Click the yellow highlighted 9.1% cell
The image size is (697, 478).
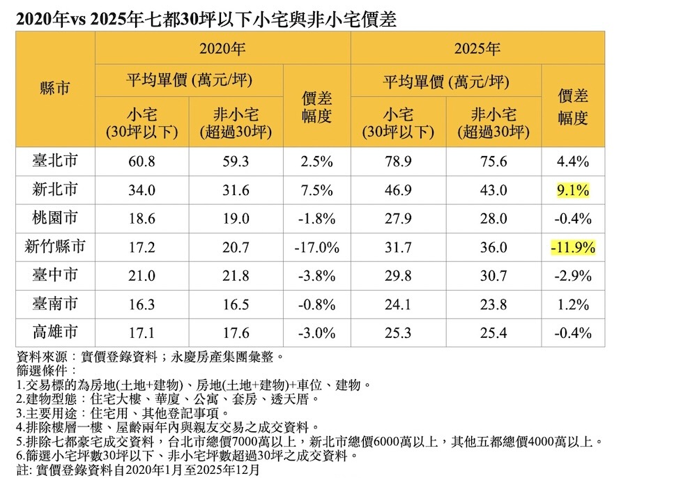pos(573,190)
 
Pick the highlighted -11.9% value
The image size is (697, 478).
pos(573,247)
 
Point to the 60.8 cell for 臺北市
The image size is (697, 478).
pos(141,162)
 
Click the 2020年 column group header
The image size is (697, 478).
pos(222,49)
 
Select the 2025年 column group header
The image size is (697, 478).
pos(477,49)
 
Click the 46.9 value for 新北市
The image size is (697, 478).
pos(398,190)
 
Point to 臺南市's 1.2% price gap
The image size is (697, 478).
pos(573,304)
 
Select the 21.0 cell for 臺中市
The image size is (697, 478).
pos(141,275)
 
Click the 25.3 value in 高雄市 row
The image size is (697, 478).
pos(398,332)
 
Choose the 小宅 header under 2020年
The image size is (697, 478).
pos(141,122)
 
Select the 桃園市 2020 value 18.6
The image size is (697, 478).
pos(141,219)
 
